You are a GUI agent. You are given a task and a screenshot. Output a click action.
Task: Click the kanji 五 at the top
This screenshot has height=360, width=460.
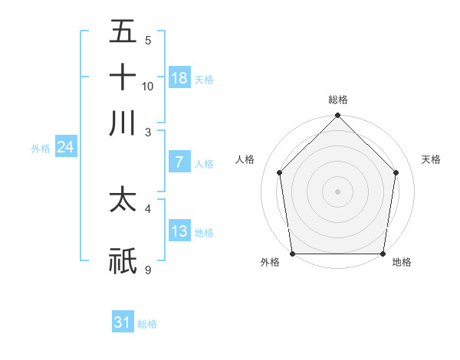pos(123,32)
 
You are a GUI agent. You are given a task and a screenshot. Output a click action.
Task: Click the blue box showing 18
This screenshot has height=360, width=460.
pos(179,77)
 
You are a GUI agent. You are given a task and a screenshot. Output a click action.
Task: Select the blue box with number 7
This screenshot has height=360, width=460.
pos(179,162)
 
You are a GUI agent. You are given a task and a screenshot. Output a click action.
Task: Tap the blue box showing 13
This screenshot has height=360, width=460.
pos(179,231)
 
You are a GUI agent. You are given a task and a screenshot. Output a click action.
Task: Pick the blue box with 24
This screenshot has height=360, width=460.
pos(65,147)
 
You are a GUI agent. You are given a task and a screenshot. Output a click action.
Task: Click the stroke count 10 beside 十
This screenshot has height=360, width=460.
pos(148,86)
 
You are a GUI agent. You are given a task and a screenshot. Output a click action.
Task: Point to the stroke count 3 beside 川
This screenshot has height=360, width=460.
pos(148,132)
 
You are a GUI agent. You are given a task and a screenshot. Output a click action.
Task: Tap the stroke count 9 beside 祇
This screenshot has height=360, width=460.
pos(148,270)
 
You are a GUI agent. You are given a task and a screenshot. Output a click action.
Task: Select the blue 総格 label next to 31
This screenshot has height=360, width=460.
pos(147,324)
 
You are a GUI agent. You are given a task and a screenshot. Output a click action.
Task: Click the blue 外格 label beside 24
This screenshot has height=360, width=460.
pos(41,149)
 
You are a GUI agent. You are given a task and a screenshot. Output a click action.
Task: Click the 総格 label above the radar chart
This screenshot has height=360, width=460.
pos(338,100)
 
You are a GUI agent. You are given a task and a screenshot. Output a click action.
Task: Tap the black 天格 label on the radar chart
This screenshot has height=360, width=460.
pos(432,159)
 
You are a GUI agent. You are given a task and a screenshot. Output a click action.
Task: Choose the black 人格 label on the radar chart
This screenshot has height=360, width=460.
pos(245,159)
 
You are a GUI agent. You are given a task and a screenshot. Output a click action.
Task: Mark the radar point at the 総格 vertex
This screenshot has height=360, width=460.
pos(338,116)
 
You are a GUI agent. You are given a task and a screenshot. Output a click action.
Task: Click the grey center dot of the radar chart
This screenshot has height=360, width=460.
pos(338,191)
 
